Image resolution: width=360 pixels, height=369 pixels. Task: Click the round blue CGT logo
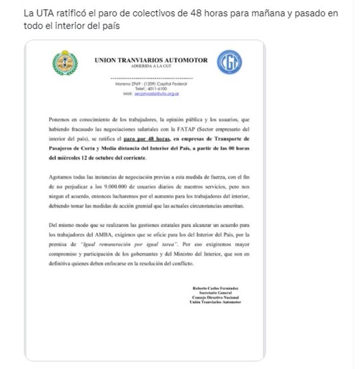click(x=229, y=62)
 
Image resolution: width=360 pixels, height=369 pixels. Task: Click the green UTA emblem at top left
click(x=65, y=62)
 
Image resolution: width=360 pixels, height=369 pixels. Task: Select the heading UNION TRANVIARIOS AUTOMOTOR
click(x=151, y=60)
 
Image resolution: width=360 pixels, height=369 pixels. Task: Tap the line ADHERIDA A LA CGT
click(x=151, y=66)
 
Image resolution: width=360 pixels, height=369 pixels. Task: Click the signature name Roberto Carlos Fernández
click(x=215, y=288)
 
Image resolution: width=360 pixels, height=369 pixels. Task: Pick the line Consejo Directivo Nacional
click(x=215, y=298)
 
